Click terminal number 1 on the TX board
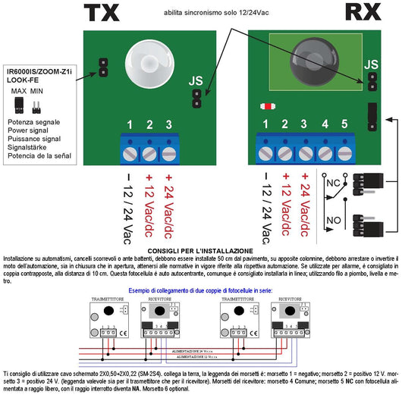point(130,124)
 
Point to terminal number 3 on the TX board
point(168,124)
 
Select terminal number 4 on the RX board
point(324,124)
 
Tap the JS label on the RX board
point(371,66)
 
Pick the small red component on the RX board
point(267,106)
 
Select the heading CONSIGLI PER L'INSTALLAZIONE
point(201,251)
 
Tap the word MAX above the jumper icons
point(20,90)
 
